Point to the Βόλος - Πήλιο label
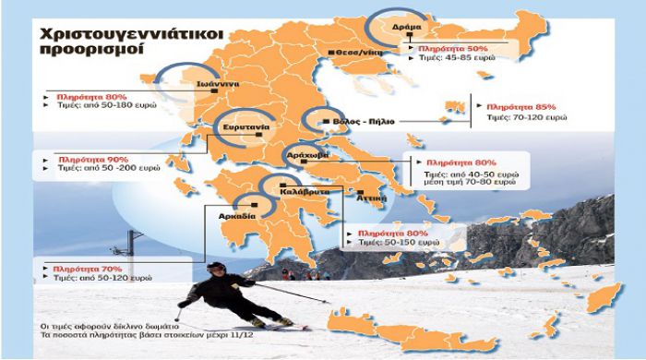coord(352,121)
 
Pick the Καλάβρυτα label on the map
coord(292,197)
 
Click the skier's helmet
coord(214,269)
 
